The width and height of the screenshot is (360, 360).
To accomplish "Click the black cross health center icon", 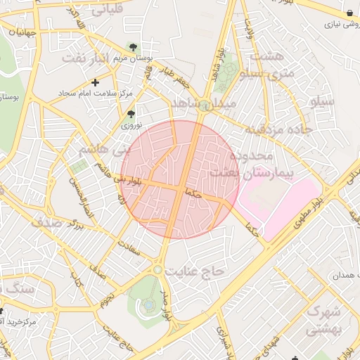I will (x=96, y=83).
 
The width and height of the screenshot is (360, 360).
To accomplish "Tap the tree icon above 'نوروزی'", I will (x=130, y=113).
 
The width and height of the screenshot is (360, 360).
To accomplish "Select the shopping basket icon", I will (x=350, y=13).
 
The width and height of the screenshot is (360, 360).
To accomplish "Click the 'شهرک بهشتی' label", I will (x=324, y=320).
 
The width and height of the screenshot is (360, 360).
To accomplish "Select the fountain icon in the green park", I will (x=149, y=304).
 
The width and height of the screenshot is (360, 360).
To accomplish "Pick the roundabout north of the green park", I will (x=158, y=269).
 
